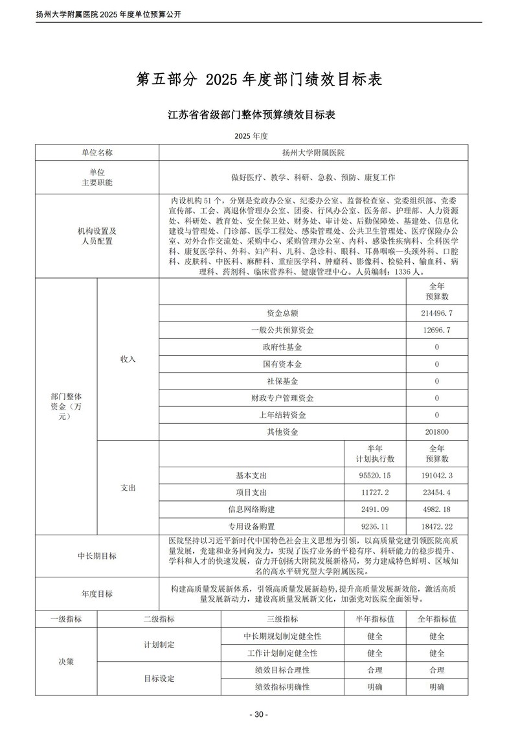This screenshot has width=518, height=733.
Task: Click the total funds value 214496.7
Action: [436, 313]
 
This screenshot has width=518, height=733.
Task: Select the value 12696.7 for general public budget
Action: [436, 330]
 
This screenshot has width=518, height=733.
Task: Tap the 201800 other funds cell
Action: [436, 432]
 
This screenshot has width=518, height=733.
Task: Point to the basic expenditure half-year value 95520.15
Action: [375, 476]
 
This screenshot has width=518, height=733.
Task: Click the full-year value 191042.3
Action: [436, 476]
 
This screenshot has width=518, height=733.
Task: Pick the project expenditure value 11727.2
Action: [375, 493]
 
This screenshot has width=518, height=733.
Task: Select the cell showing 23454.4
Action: [436, 493]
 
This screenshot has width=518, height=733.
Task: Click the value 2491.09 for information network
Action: [375, 509]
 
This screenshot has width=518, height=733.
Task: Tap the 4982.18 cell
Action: [436, 509]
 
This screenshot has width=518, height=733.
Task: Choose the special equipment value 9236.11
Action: [375, 526]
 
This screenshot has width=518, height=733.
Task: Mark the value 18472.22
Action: [436, 526]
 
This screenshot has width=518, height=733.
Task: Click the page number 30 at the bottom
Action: [258, 714]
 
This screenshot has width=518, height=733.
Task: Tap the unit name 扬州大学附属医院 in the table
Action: [313, 152]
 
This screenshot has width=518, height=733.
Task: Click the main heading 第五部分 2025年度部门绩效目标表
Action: [258, 79]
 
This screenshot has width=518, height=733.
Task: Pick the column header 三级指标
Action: [282, 619]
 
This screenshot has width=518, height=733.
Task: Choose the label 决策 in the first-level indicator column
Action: [66, 662]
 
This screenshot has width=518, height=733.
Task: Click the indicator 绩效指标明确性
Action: [282, 686]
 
